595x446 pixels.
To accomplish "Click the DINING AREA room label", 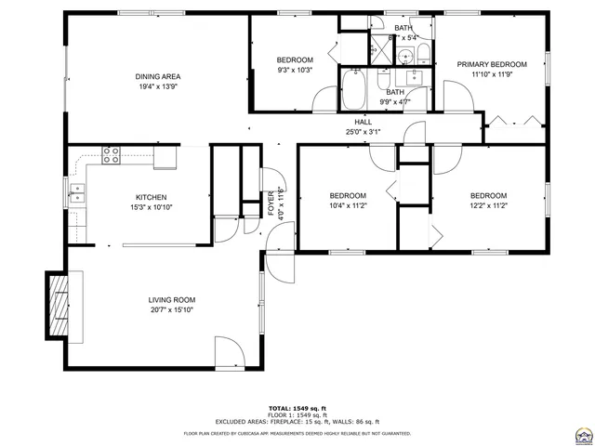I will (157, 77).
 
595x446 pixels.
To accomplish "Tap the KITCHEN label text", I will (152, 197).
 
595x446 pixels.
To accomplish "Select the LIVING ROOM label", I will (172, 300).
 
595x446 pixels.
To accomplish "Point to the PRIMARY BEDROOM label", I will (492, 64).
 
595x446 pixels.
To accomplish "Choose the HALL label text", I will (363, 123).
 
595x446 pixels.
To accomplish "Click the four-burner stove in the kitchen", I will (112, 154).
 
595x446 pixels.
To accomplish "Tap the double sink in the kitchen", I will (76, 193).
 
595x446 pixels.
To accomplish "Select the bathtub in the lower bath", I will (354, 91).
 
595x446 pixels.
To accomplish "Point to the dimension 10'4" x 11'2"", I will (348, 206).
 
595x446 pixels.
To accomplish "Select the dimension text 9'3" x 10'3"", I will (295, 70).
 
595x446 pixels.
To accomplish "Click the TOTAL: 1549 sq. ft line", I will (298, 408).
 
